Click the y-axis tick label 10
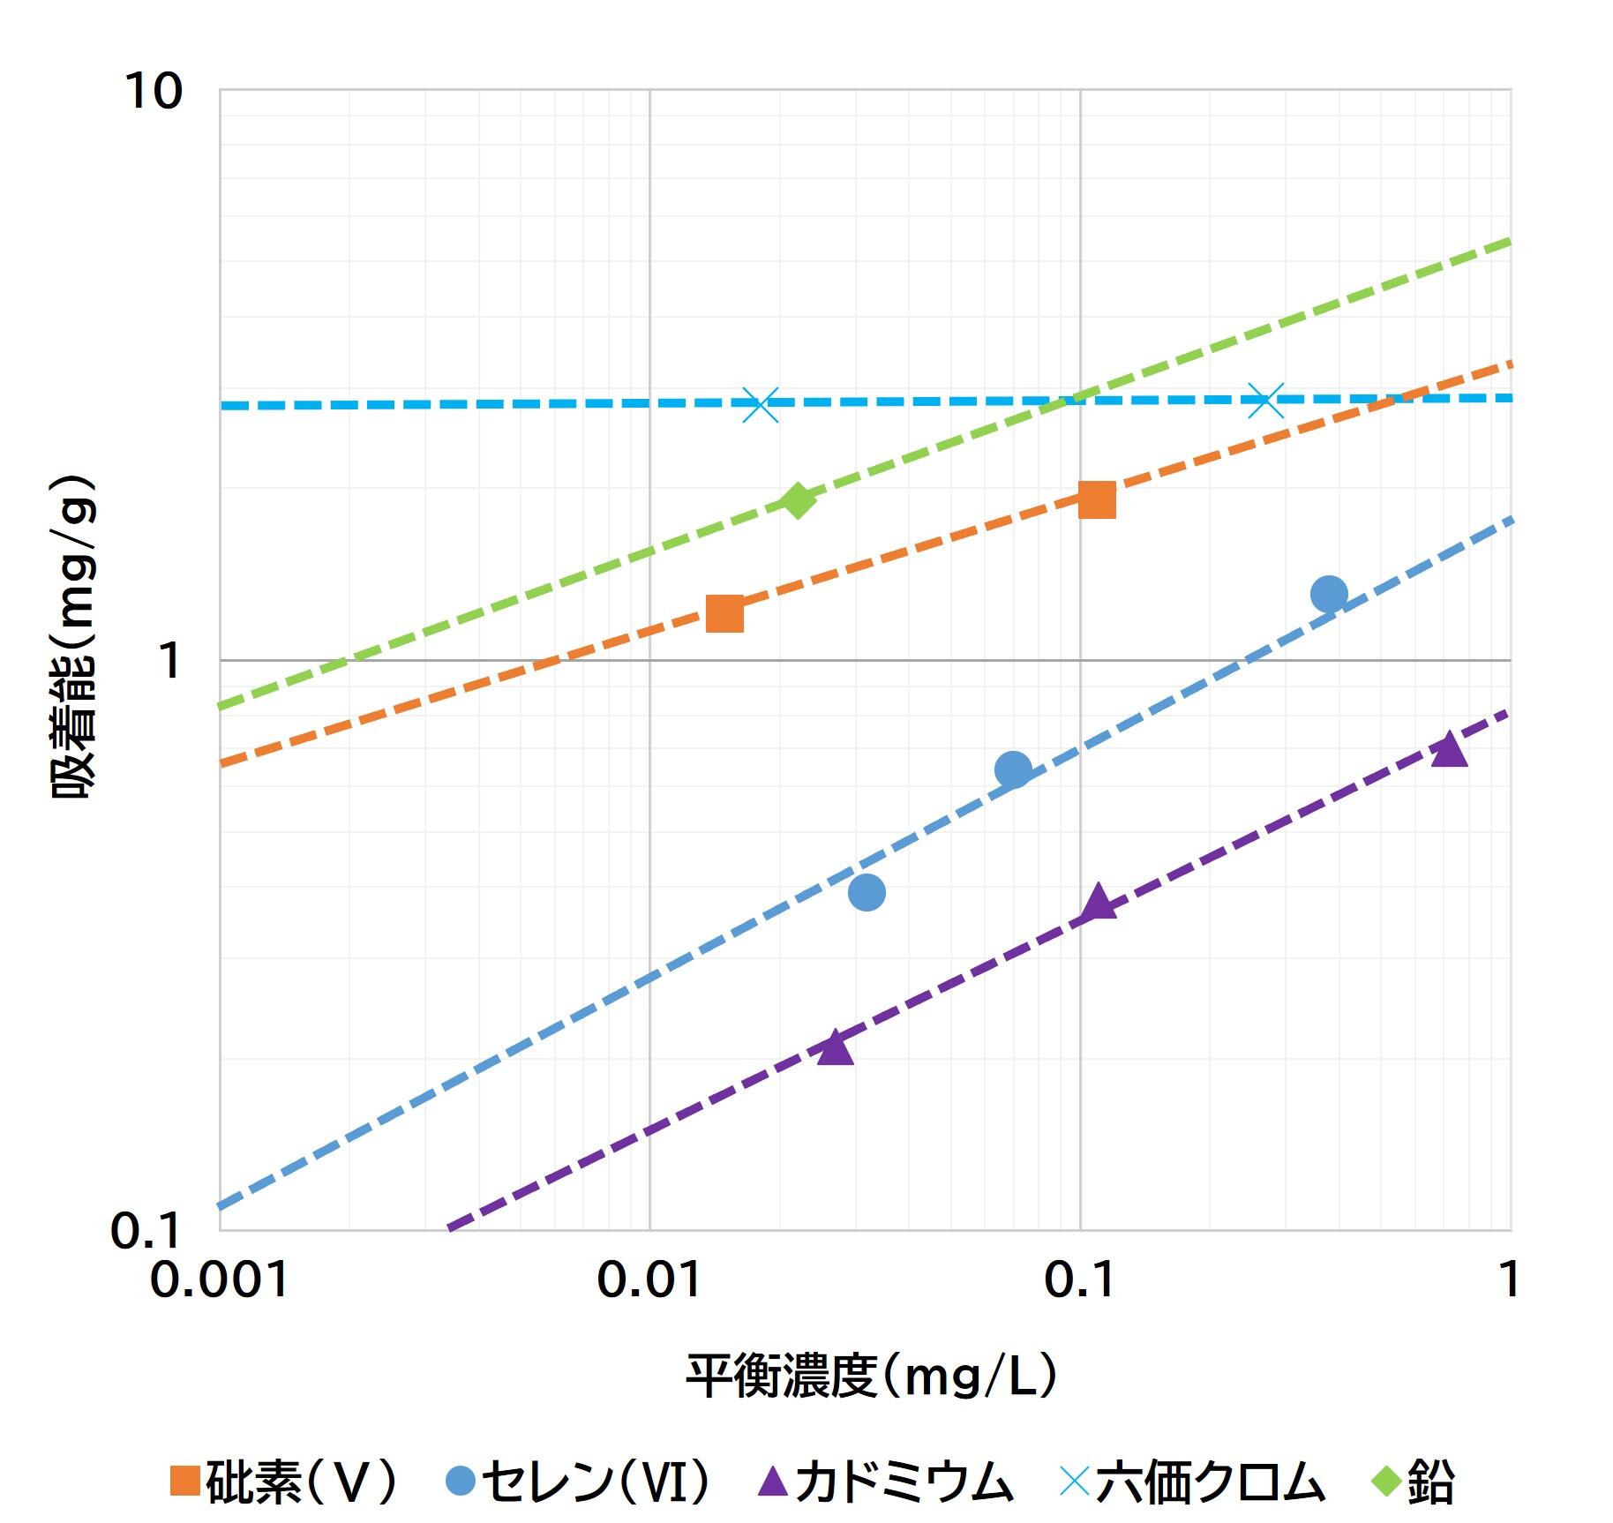[x=154, y=91]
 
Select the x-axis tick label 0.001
[x=219, y=1279]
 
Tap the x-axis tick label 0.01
[x=649, y=1279]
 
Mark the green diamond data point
[x=798, y=500]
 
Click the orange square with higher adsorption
[x=1098, y=499]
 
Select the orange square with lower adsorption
[x=725, y=614]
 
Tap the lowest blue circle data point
[x=867, y=892]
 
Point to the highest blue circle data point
[x=1329, y=594]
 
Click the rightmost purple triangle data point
[x=1449, y=751]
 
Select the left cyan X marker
[x=761, y=405]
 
